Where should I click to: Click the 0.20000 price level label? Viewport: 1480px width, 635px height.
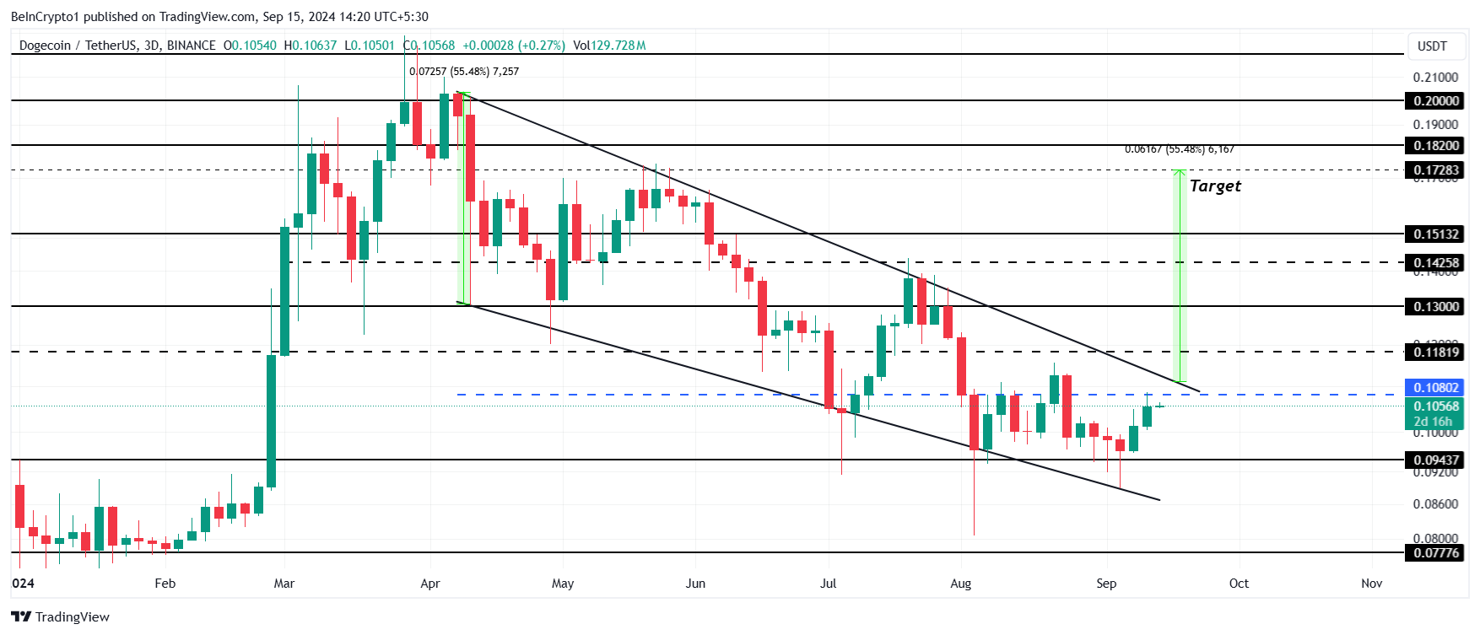pyautogui.click(x=1436, y=101)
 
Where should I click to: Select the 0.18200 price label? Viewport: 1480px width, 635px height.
pyautogui.click(x=1436, y=146)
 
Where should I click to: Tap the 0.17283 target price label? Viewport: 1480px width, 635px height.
pyautogui.click(x=1436, y=170)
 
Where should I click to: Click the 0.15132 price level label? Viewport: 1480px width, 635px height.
pyautogui.click(x=1436, y=234)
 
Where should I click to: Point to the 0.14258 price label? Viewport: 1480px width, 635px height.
pyautogui.click(x=1436, y=263)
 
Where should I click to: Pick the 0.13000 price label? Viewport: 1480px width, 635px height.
pyautogui.click(x=1436, y=307)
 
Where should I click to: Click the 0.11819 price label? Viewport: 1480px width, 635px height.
pyautogui.click(x=1436, y=352)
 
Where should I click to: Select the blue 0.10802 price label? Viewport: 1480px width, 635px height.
pyautogui.click(x=1436, y=388)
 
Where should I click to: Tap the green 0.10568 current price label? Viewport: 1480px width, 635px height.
pyautogui.click(x=1436, y=406)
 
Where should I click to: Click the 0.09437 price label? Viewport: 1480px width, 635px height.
pyautogui.click(x=1436, y=460)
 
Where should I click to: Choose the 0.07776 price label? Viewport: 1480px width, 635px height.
pyautogui.click(x=1436, y=553)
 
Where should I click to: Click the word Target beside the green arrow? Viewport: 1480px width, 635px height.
pyautogui.click(x=1215, y=186)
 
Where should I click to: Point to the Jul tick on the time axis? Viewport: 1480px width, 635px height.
pyautogui.click(x=829, y=584)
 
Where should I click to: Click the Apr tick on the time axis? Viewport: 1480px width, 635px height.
pyautogui.click(x=430, y=584)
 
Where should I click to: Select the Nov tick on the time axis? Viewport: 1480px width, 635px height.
pyautogui.click(x=1372, y=584)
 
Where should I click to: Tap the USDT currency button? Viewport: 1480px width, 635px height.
pyautogui.click(x=1432, y=46)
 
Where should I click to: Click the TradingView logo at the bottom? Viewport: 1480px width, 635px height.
pyautogui.click(x=61, y=617)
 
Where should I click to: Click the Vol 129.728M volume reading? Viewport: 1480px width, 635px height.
pyautogui.click(x=609, y=46)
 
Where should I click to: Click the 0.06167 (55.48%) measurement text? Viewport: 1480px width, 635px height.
pyautogui.click(x=1179, y=149)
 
